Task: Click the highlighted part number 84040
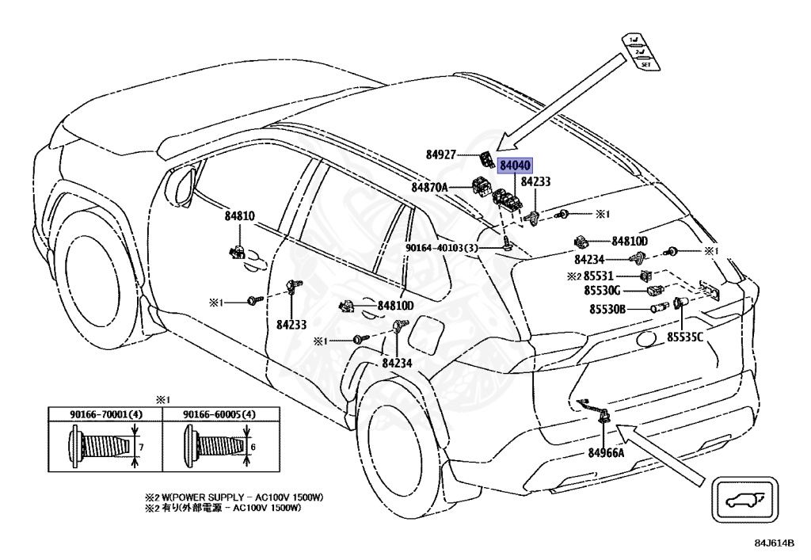click(x=515, y=166)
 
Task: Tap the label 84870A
click(x=429, y=188)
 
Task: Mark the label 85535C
click(x=684, y=337)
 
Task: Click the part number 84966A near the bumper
click(x=606, y=453)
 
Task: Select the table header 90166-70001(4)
click(x=105, y=414)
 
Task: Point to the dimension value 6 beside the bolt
click(x=253, y=448)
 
